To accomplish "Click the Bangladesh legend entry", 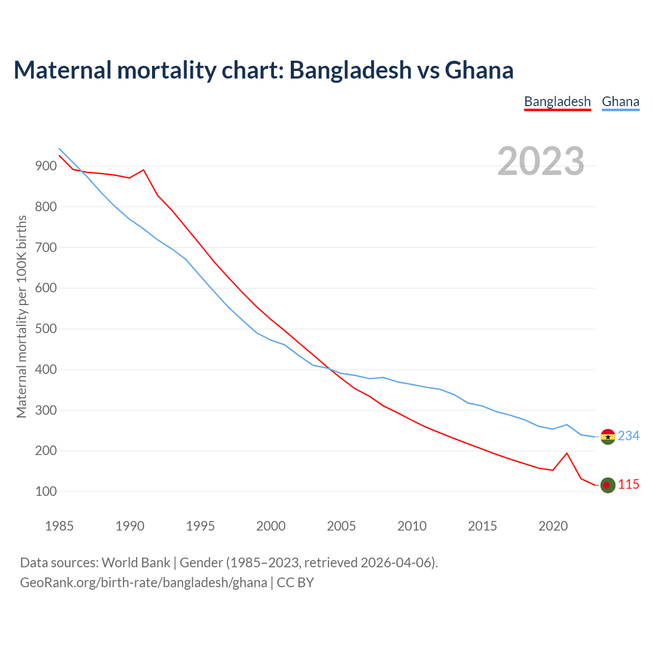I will tap(557, 102).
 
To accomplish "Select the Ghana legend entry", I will tap(620, 102).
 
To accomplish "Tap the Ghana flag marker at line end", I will tap(608, 437).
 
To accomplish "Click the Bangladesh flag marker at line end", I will tap(608, 485).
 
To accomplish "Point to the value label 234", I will tap(629, 436).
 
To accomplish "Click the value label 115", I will tap(629, 484).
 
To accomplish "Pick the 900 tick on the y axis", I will tap(45, 166).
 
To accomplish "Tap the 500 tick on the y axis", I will tap(45, 329).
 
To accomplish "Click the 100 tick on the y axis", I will tap(45, 492).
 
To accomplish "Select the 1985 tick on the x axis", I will tap(59, 526).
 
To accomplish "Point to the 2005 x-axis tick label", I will tap(341, 526).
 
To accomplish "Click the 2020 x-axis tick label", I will tap(553, 526).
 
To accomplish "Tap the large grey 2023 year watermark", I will tap(541, 161).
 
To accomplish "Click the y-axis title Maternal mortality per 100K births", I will tap(21, 316).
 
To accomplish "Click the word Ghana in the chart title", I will tap(479, 70).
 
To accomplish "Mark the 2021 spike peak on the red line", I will tap(567, 453).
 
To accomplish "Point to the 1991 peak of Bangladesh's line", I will tap(143, 170).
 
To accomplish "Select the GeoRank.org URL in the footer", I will tap(143, 582).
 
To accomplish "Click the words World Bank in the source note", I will tap(136, 563).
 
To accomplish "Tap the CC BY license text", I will tap(295, 582).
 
